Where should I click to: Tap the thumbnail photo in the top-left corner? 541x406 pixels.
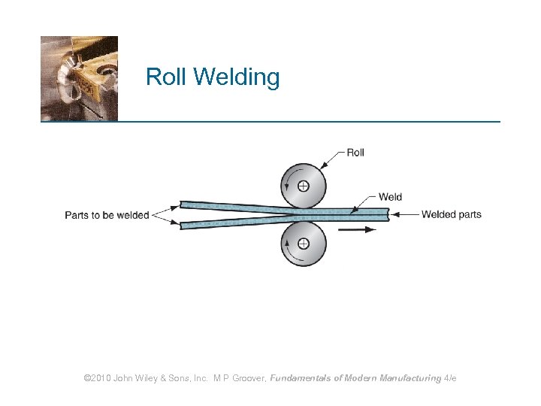(79, 78)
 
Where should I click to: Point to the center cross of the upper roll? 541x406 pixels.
(303, 186)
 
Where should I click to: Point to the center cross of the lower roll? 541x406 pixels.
(303, 243)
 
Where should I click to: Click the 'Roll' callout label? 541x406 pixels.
(355, 153)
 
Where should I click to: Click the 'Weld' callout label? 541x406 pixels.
(390, 197)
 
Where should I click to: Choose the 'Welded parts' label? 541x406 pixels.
(451, 214)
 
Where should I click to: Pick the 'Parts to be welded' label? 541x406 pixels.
(107, 215)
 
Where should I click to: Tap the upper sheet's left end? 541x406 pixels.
(183, 205)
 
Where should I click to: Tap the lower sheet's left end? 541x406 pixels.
(183, 224)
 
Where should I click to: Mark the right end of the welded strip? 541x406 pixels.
(386, 214)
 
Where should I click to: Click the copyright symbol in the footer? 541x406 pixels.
(88, 378)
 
